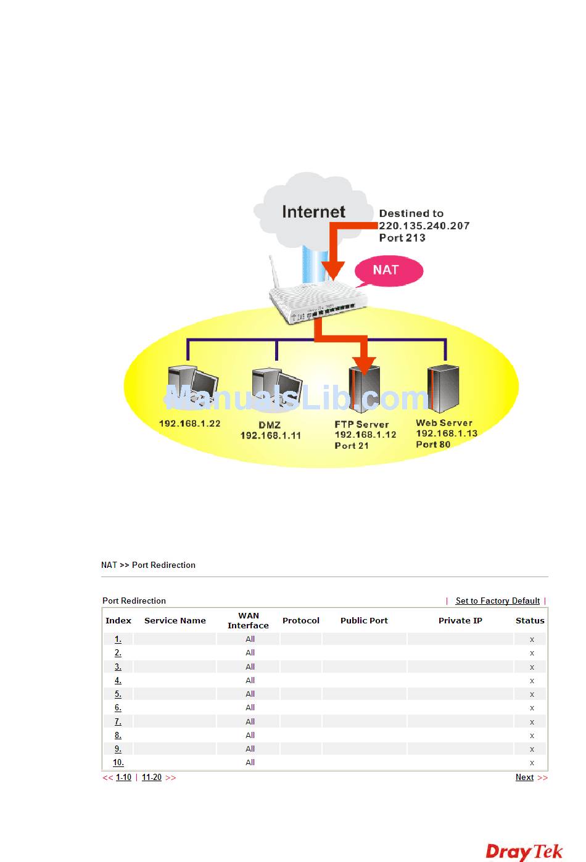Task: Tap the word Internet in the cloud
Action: coord(313,212)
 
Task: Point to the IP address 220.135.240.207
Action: coord(424,226)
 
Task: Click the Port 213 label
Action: coord(402,238)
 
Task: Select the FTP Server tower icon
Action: coord(365,389)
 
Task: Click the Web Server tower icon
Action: coord(444,388)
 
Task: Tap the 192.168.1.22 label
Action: coord(189,424)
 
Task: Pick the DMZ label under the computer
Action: coord(270,425)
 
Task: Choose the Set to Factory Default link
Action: coord(497,601)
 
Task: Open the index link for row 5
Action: coord(118,694)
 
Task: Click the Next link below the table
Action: coord(524,778)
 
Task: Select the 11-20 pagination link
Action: coord(152,778)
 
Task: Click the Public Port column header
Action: coord(364,620)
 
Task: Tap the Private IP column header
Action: coord(460,620)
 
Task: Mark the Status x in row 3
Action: coord(532,667)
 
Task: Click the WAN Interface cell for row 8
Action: coord(250,735)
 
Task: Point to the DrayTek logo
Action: coord(524,851)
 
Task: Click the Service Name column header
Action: coord(175,620)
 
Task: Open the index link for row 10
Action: coord(118,763)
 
